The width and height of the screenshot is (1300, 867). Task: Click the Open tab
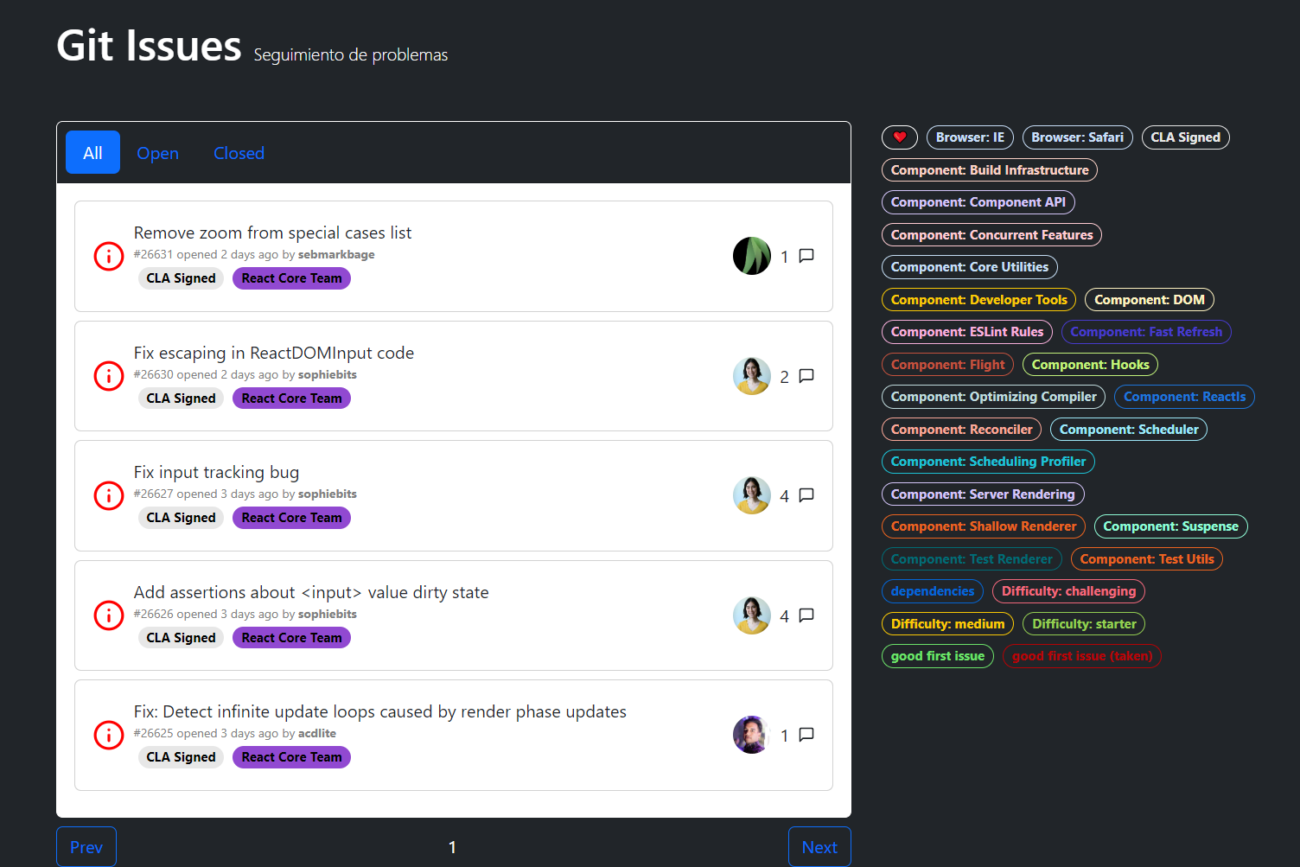157,153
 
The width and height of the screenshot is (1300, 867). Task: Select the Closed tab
239,153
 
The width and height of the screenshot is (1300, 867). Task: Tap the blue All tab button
92,153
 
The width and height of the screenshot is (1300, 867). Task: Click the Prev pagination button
86,847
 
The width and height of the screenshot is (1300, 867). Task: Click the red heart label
899,137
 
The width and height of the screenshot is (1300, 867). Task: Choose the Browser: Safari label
1077,137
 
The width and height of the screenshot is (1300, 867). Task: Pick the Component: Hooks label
1090,365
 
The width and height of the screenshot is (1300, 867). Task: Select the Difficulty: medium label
947,624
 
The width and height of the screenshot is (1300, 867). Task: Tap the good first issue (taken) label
1082,656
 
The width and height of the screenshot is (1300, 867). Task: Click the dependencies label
932,591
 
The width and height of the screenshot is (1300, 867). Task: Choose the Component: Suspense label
1170,526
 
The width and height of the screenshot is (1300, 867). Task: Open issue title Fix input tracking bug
216,472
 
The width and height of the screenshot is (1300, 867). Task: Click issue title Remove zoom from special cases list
272,233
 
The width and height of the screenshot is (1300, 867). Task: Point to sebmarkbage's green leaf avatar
752,256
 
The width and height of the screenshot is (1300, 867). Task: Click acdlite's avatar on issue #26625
752,735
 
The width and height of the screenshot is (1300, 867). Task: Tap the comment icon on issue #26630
806,376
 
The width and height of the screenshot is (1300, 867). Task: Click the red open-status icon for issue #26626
109,615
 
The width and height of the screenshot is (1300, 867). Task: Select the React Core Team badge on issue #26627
291,518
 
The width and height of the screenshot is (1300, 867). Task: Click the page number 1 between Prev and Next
452,847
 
